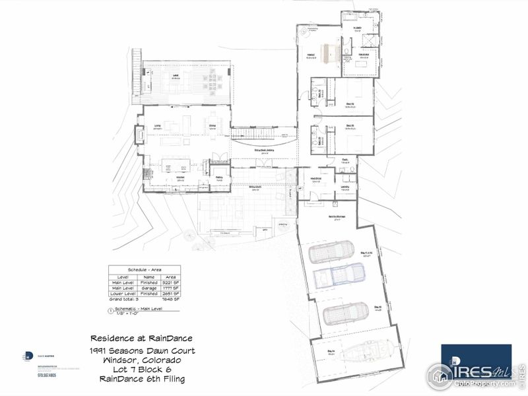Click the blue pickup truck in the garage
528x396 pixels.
click(337, 275)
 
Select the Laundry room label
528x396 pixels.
click(345, 187)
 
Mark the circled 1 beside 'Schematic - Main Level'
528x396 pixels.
click(111, 310)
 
